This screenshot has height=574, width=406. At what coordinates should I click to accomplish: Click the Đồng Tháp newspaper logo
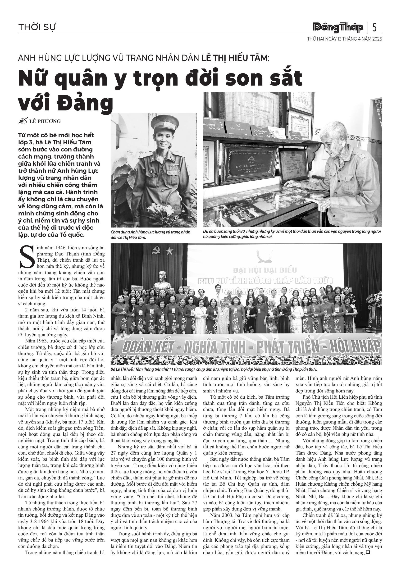coord(338,27)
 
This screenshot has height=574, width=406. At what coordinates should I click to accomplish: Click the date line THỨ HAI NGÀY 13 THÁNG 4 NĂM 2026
coord(345,39)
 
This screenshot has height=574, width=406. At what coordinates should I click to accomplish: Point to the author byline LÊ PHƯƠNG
coord(45,122)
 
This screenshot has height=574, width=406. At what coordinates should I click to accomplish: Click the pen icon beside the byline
coord(23,121)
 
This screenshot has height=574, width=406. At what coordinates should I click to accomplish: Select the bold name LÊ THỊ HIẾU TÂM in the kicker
coord(234,58)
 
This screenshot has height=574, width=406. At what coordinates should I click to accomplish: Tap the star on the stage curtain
coord(170,251)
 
